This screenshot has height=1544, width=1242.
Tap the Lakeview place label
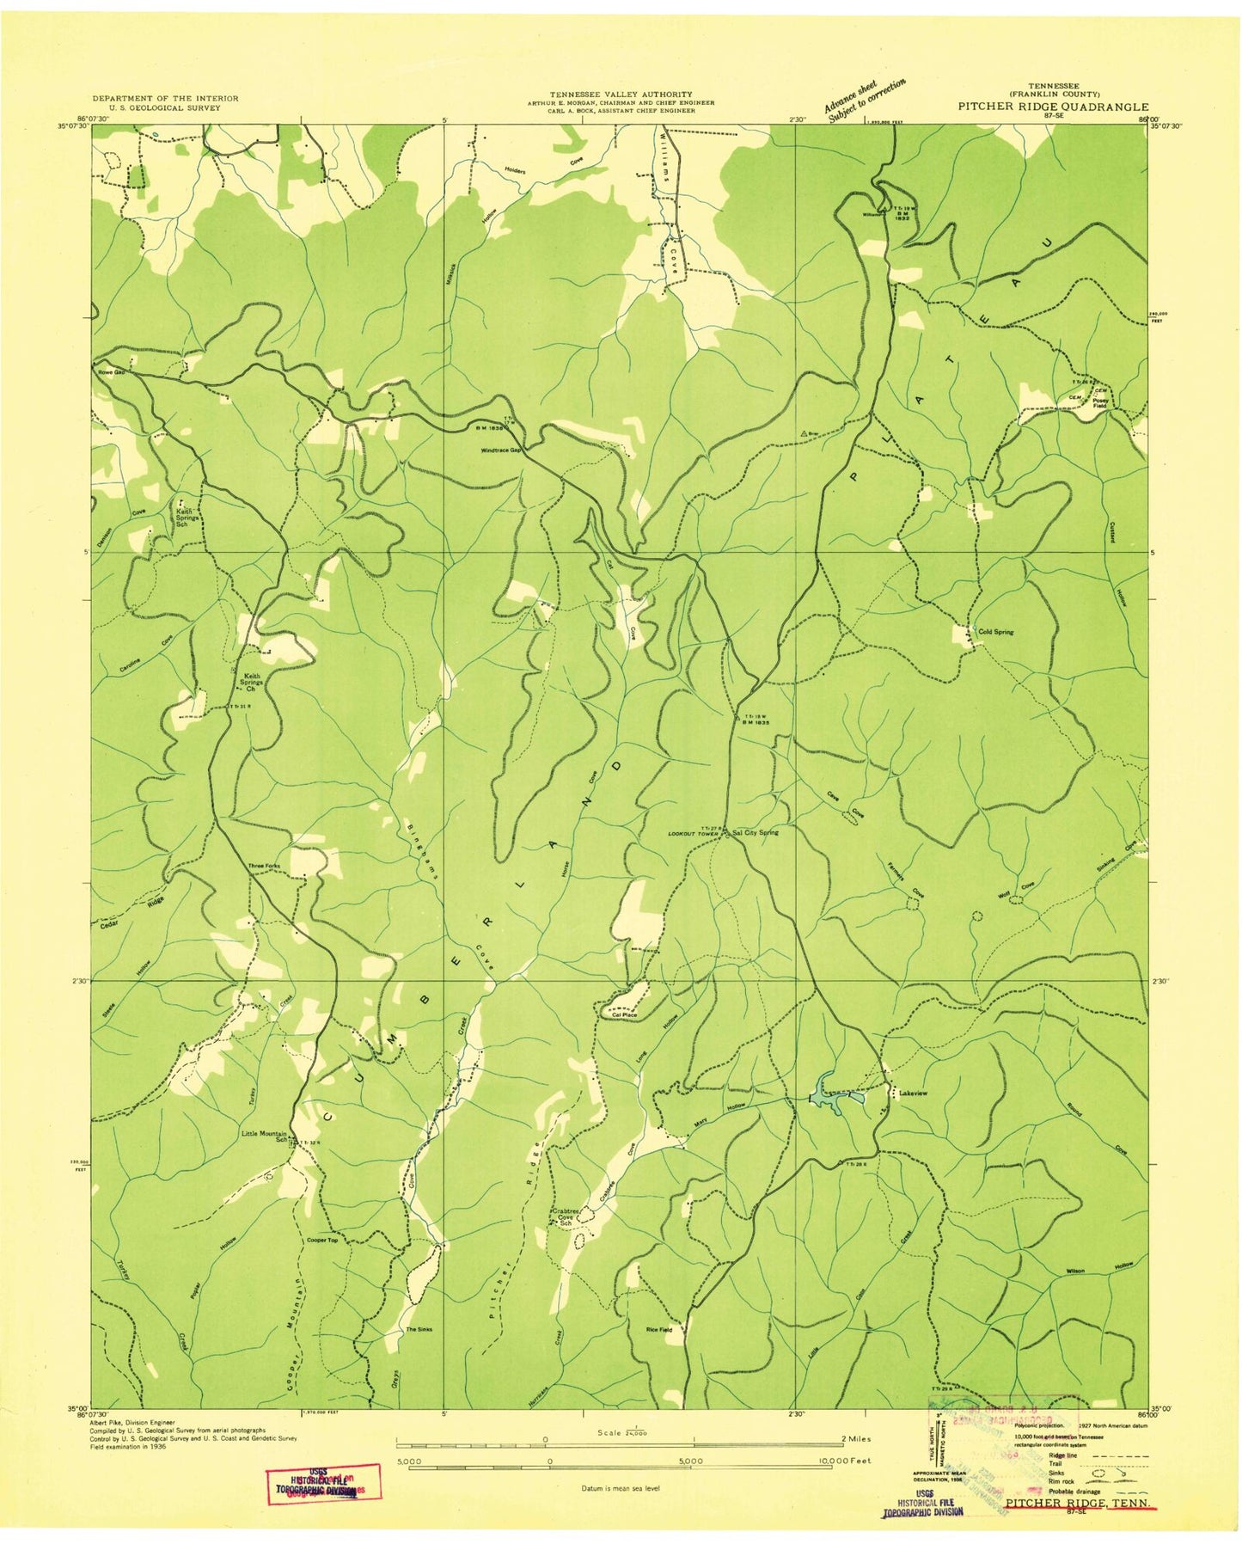[x=913, y=1093]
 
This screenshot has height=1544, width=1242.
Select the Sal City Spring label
[x=756, y=832]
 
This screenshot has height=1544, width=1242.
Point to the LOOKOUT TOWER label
[x=693, y=834]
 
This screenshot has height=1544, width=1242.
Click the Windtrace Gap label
[x=502, y=450]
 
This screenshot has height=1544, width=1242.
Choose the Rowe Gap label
[x=111, y=373]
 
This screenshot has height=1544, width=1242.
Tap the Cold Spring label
[x=995, y=632]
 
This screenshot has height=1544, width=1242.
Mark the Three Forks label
[x=264, y=866]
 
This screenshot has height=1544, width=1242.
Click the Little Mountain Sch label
[x=263, y=1137]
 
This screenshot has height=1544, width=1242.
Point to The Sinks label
[x=419, y=1329]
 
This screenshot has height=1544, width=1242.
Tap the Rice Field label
[x=658, y=1329]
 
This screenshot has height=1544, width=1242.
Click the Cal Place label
[x=624, y=1015]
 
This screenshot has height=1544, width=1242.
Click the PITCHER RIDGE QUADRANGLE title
[x=1054, y=107]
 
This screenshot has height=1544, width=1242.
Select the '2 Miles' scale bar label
[x=856, y=1438]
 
